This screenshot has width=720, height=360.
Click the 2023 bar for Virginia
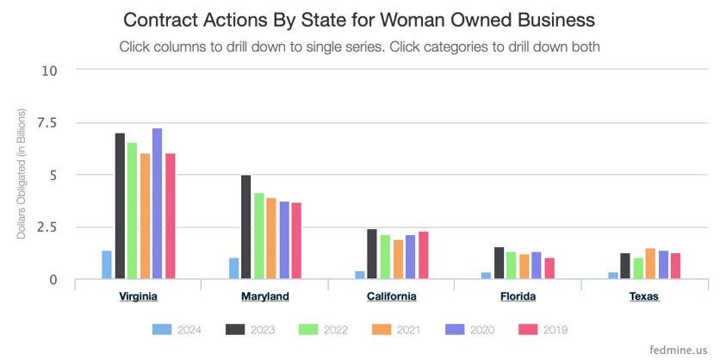pyautogui.click(x=120, y=207)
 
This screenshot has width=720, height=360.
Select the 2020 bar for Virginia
pyautogui.click(x=158, y=204)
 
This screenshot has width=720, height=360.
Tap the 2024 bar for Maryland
pyautogui.click(x=234, y=269)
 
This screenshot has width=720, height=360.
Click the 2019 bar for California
pyautogui.click(x=424, y=255)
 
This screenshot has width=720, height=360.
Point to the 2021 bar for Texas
pyautogui.click(x=650, y=264)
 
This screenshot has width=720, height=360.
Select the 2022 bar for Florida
pyautogui.click(x=512, y=265)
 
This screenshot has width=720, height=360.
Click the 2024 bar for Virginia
pyautogui.click(x=107, y=265)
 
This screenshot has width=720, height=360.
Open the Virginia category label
pyautogui.click(x=138, y=296)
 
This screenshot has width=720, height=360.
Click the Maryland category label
pyautogui.click(x=264, y=296)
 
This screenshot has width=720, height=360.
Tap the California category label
pyautogui.click(x=392, y=296)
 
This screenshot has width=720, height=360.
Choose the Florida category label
pyautogui.click(x=518, y=296)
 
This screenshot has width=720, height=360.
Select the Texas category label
pyautogui.click(x=644, y=296)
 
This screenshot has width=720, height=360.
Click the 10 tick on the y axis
pyautogui.click(x=50, y=70)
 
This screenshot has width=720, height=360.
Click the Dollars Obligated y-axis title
pyautogui.click(x=22, y=174)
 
